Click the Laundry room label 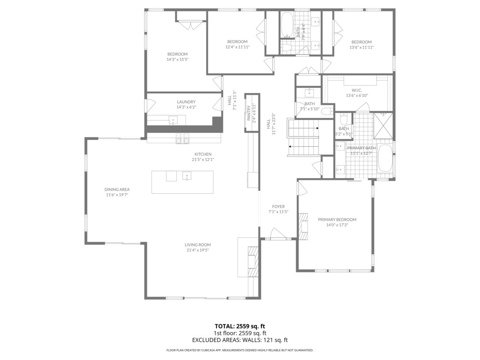click(186, 102)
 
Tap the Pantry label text click(249, 112)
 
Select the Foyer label click(278, 207)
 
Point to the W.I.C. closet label click(357, 90)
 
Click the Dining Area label click(117, 189)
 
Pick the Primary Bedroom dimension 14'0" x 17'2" click(337, 225)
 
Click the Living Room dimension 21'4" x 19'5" click(198, 250)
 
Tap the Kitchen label click(203, 154)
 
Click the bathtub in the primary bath click(385, 158)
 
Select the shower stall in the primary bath click(383, 126)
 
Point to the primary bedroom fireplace click(304, 226)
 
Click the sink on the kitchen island click(187, 176)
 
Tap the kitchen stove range click(183, 138)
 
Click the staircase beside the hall click(303, 138)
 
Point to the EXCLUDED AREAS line click(240, 340)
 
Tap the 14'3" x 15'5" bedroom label click(178, 60)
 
